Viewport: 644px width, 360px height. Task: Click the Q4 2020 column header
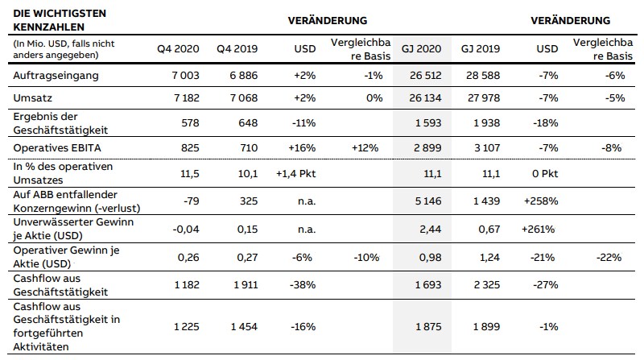(178, 49)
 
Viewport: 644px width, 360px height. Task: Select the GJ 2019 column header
(480, 49)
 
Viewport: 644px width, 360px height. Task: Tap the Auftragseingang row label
(56, 76)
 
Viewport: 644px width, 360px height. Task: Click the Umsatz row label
(33, 97)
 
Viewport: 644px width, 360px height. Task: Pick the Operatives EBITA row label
(57, 148)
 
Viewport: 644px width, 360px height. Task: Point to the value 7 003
(186, 76)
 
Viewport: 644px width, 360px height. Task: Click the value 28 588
(483, 76)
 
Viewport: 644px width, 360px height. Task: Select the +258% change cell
(541, 201)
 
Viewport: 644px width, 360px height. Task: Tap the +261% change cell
(538, 229)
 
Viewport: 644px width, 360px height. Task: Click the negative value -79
(192, 201)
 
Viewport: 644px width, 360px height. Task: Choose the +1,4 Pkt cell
(295, 173)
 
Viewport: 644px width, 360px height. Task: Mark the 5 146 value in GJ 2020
(428, 201)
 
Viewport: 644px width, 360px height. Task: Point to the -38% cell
(303, 285)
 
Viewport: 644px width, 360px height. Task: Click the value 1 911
(246, 285)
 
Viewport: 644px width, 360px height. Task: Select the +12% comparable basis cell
(365, 148)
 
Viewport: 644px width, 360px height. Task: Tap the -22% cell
(609, 257)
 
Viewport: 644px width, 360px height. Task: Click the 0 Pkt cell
(545, 173)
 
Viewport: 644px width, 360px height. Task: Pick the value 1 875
(428, 327)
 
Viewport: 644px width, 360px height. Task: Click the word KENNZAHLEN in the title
(48, 27)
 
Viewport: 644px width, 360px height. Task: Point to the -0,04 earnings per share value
(186, 229)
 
